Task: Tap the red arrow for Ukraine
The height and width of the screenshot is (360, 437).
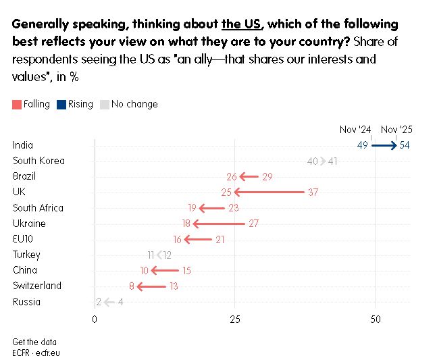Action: click(x=219, y=224)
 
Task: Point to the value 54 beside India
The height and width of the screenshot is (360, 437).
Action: click(x=405, y=145)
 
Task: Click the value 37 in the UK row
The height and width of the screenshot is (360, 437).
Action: click(x=313, y=192)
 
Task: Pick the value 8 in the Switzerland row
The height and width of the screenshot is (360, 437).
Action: click(x=132, y=286)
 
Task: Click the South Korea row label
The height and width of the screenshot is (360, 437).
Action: click(x=38, y=161)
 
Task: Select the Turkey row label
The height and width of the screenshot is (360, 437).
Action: click(x=26, y=255)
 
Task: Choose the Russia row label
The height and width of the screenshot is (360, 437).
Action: click(x=26, y=302)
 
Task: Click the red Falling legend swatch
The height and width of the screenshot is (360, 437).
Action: click(x=17, y=105)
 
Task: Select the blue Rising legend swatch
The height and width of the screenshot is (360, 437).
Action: click(x=61, y=105)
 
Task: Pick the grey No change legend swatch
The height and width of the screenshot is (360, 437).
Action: click(x=104, y=105)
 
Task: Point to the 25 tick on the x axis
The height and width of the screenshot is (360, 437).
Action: click(x=235, y=319)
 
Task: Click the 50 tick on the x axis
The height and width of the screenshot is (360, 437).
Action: click(x=376, y=319)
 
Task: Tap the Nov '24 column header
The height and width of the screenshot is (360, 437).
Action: click(x=356, y=129)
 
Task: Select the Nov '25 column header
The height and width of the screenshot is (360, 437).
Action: click(x=397, y=129)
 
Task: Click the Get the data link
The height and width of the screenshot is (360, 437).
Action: click(x=34, y=342)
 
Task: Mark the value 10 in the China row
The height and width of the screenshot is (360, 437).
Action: click(x=145, y=271)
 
